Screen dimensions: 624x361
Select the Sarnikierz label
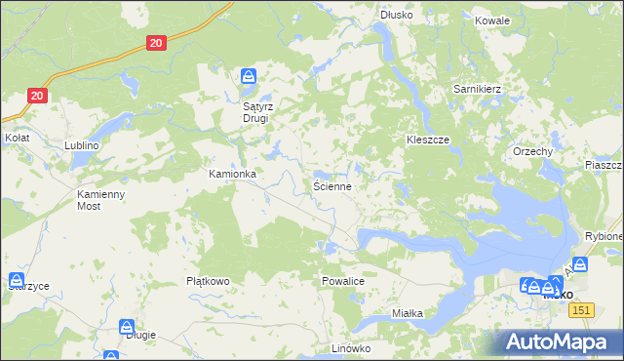(477, 89)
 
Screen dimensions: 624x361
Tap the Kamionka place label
(232, 174)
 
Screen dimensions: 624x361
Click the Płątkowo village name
(207, 281)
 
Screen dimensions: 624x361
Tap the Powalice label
(342, 281)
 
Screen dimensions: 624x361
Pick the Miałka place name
(407, 313)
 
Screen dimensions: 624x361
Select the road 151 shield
(581, 309)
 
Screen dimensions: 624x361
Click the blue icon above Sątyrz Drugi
(250, 75)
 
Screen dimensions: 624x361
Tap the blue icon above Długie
(127, 327)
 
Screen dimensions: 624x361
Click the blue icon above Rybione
(580, 263)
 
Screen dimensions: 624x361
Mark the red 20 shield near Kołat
(36, 96)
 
